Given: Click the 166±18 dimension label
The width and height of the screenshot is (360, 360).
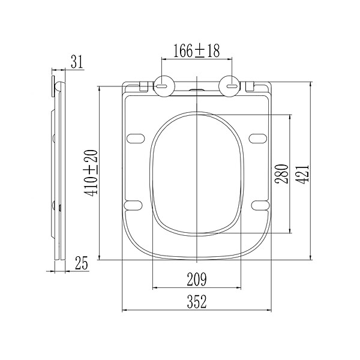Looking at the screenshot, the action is (x=196, y=51).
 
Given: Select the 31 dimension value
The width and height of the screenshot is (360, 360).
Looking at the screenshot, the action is (x=77, y=62).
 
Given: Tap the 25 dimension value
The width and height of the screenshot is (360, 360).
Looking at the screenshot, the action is (x=82, y=263).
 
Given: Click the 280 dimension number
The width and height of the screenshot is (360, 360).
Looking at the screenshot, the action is (x=282, y=174).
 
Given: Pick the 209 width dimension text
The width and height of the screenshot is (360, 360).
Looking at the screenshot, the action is (x=197, y=280).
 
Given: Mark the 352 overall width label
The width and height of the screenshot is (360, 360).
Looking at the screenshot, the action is (x=197, y=302).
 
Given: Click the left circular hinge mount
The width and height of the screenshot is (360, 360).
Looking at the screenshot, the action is (x=164, y=86).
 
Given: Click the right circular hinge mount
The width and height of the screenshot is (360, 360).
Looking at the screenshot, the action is (x=230, y=86).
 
